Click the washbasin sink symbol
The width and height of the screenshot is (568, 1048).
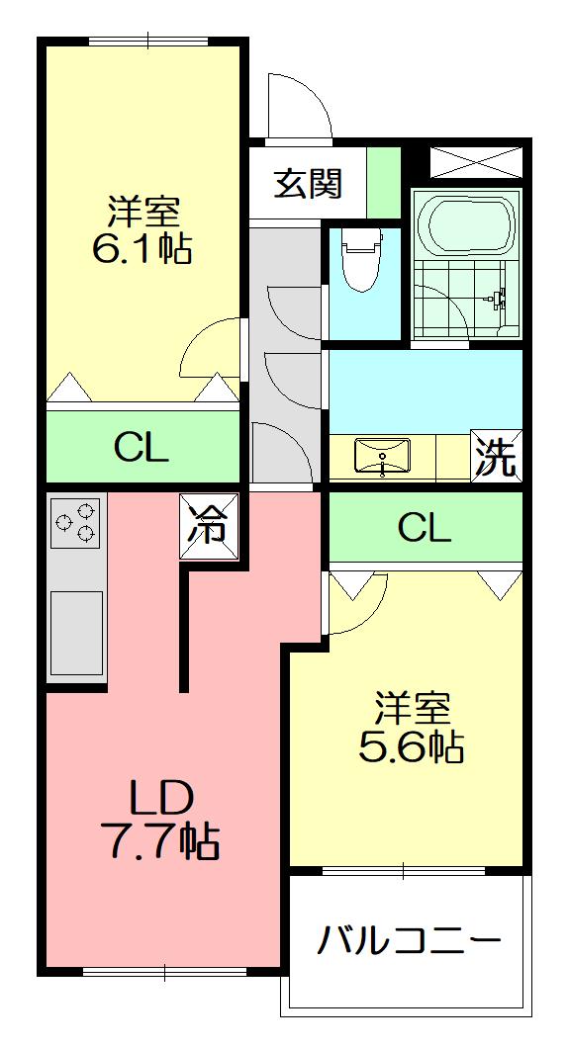381,457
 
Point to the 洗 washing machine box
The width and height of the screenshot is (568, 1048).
497,454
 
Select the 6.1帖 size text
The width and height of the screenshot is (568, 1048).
142,249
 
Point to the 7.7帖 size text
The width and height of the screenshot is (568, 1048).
160,842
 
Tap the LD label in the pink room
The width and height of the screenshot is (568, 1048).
160,800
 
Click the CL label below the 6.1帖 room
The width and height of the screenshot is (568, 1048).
141,447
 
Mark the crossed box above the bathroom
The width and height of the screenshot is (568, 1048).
476,162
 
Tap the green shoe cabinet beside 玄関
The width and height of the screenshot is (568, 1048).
383,182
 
